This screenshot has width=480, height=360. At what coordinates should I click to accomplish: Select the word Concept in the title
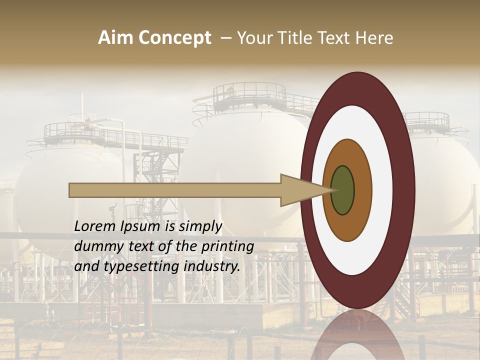coord(174,38)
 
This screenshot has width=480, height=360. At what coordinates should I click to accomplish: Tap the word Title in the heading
coord(289,38)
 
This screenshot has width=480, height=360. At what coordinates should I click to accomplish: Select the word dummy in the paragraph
coord(97,246)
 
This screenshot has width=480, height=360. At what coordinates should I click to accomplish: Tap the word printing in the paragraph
coord(227,246)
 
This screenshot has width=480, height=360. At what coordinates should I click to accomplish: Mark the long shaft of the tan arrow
coord(175,190)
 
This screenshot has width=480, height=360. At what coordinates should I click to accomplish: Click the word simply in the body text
coord(200,226)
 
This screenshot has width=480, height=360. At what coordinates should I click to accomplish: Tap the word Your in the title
coord(254,38)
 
